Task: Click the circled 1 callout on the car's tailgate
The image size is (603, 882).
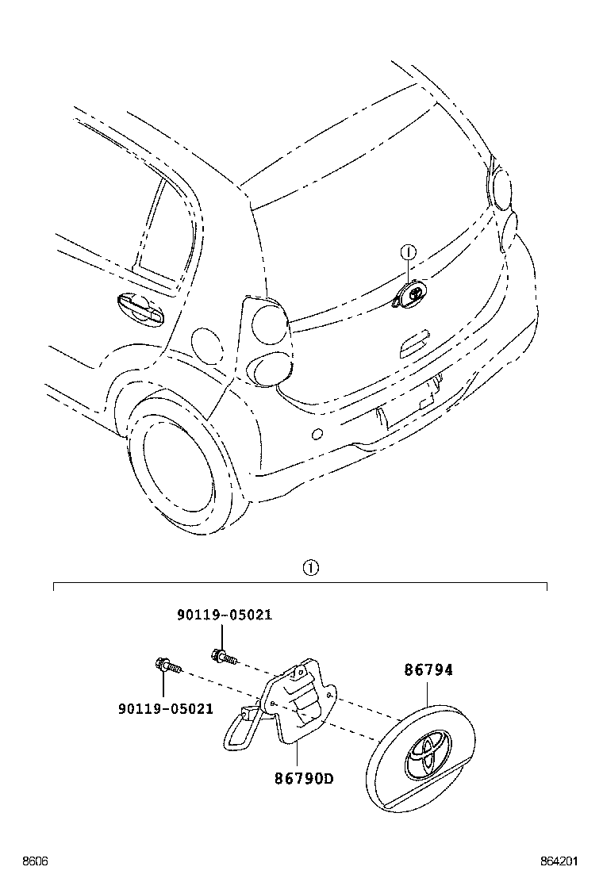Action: point(408,253)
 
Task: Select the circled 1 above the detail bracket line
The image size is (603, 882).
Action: point(310,568)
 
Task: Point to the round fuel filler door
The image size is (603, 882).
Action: point(209,346)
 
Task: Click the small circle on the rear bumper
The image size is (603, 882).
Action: point(317,433)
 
